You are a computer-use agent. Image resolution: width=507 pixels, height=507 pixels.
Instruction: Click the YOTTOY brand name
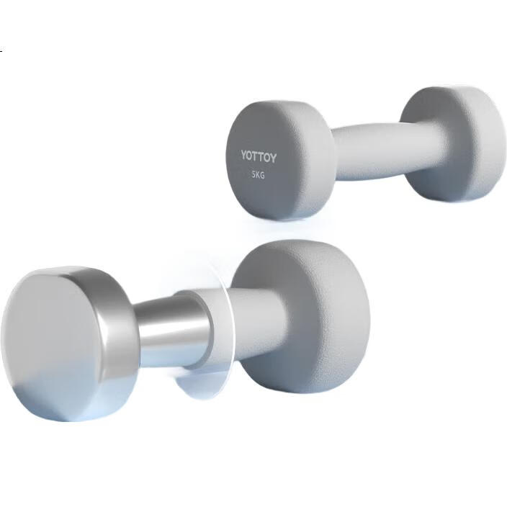coord(259,157)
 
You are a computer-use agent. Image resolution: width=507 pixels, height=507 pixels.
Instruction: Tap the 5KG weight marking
coord(258,175)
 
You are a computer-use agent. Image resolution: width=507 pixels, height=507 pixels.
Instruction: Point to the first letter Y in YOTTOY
coord(244,155)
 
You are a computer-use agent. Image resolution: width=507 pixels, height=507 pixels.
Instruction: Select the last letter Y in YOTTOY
coord(273,158)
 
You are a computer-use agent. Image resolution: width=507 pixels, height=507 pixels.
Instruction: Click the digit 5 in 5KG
coord(253,174)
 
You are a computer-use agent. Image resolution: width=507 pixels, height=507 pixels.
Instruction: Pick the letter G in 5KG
coord(262,176)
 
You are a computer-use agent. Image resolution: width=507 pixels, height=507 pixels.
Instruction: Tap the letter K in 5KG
coord(258,175)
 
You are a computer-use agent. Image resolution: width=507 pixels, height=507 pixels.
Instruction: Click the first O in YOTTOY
coord(250,156)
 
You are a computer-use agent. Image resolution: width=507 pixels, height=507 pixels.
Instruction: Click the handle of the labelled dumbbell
coord(369,151)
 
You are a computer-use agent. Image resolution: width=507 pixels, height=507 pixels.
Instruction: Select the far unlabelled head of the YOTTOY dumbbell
coord(453,144)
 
